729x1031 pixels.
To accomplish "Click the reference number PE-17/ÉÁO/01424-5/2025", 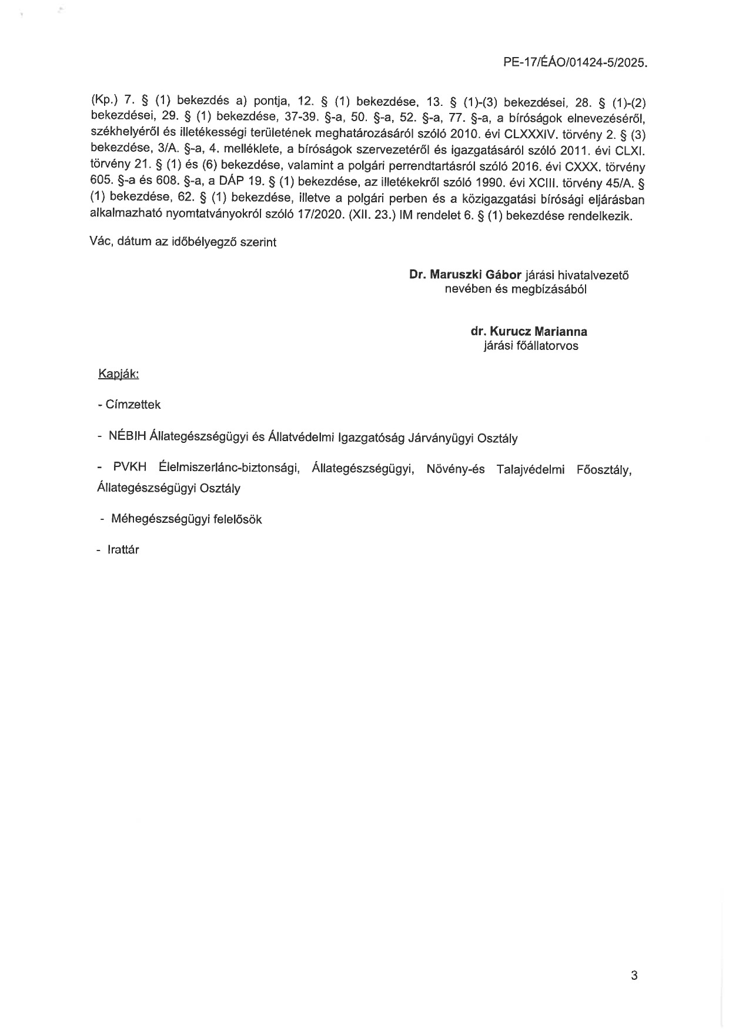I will [575, 62].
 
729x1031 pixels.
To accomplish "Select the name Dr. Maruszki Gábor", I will [466, 274].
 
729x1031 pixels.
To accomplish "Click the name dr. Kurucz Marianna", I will [529, 331].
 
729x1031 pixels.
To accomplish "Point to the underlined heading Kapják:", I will [118, 374].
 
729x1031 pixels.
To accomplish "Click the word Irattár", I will [123, 550].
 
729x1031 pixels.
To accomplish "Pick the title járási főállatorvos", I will [530, 346].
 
